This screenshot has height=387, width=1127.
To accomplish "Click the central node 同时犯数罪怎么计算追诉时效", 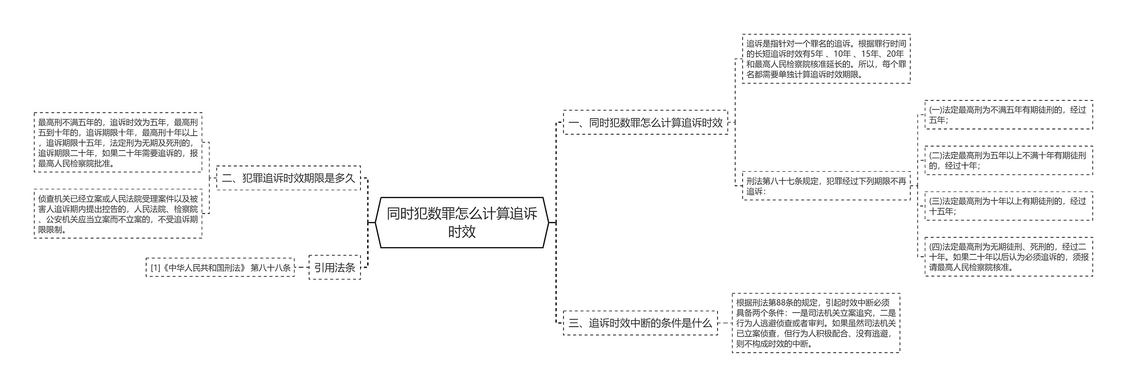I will pyautogui.click(x=462, y=222).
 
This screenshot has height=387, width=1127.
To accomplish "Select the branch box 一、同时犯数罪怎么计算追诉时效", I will pyautogui.click(x=645, y=122).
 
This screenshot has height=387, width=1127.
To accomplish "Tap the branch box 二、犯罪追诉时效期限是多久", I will pyautogui.click(x=288, y=178).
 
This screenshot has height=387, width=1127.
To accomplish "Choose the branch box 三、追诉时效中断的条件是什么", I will pyautogui.click(x=640, y=323).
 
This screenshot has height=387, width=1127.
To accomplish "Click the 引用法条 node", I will pyautogui.click(x=335, y=267).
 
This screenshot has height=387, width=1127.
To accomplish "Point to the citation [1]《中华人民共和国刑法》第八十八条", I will pyautogui.click(x=220, y=267).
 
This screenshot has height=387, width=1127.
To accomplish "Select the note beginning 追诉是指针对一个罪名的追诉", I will pyautogui.click(x=826, y=59).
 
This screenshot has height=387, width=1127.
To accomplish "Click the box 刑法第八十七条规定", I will pyautogui.click(x=826, y=186).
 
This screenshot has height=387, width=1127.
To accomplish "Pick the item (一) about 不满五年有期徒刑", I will pyautogui.click(x=1009, y=115).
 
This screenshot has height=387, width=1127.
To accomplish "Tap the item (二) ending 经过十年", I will pyautogui.click(x=1009, y=160).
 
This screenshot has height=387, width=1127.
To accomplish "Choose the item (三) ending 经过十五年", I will pyautogui.click(x=1009, y=206).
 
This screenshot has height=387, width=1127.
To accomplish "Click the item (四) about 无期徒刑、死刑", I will pyautogui.click(x=1009, y=257).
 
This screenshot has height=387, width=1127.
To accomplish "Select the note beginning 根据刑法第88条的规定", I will pyautogui.click(x=816, y=323).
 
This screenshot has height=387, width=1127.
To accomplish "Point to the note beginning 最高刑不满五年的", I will pyautogui.click(x=118, y=142).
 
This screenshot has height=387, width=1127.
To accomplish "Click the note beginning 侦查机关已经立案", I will pyautogui.click(x=118, y=214).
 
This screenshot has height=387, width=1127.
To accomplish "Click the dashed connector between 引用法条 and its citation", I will pyautogui.click(x=302, y=267).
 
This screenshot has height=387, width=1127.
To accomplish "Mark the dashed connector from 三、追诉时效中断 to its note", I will pyautogui.click(x=725, y=323).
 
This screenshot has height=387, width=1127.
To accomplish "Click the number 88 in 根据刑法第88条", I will pyautogui.click(x=781, y=303).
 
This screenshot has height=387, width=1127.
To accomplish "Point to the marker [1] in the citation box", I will pyautogui.click(x=155, y=268).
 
